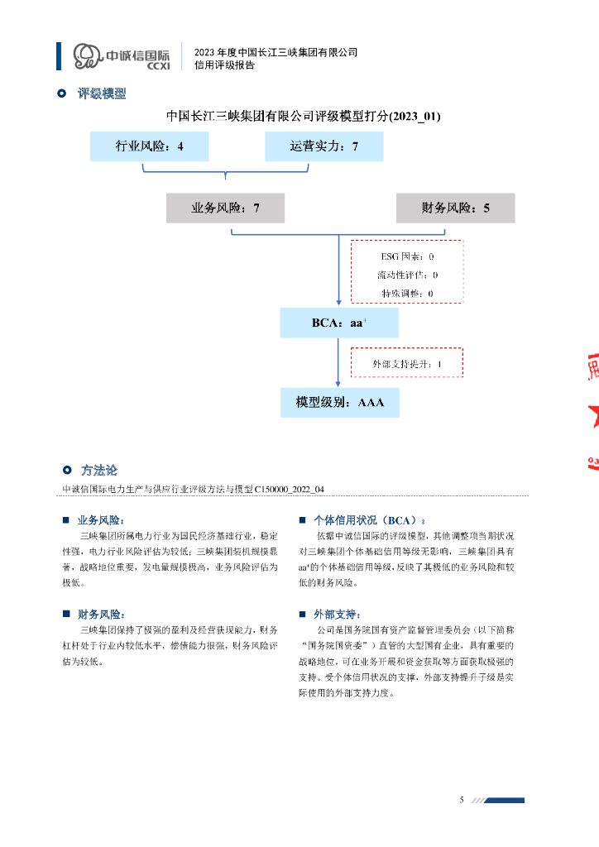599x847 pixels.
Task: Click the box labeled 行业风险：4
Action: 149,146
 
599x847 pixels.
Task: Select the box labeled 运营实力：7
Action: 323,146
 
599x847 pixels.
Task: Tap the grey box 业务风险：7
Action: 225,208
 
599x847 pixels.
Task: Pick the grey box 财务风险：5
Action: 455,208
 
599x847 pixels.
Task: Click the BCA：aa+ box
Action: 339,323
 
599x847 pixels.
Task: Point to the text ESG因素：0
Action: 407,257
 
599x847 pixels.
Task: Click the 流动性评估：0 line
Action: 407,275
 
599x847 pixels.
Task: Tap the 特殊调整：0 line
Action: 407,293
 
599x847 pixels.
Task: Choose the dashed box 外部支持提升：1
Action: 407,363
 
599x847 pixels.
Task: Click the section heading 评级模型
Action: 102,94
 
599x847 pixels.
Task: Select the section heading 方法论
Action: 99,470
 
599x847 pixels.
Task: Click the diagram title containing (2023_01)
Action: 304,117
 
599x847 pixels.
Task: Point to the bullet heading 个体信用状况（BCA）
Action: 367,520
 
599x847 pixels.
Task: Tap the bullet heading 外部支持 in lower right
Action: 337,615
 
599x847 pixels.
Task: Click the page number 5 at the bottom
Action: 462,800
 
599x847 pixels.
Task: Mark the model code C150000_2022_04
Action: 289,489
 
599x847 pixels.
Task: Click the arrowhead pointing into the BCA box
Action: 339,303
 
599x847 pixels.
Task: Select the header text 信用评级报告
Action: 223,65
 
